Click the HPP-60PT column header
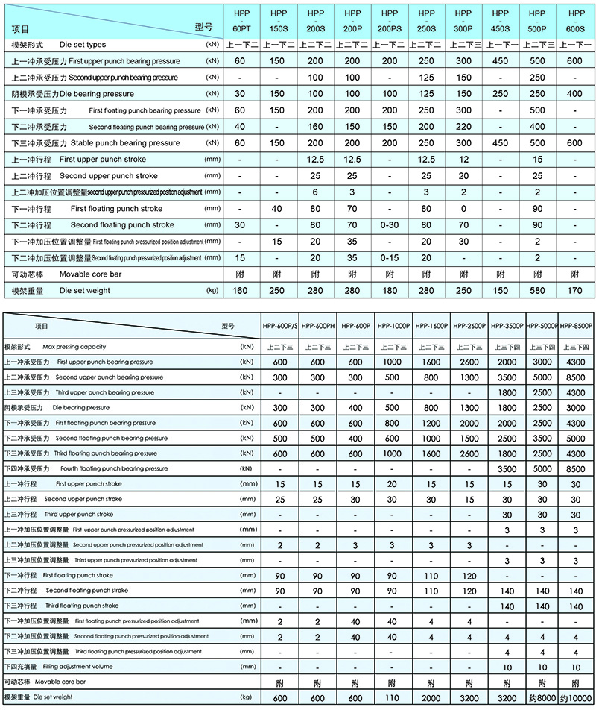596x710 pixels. pos(239,20)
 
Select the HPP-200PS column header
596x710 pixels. pos(390,20)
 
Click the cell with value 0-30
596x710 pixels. pos(390,225)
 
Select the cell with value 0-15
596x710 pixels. pos(390,258)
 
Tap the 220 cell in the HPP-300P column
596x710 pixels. pos(464,127)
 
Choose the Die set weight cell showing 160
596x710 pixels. pos(239,290)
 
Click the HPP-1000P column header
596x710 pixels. pos(392,326)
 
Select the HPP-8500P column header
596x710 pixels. pos(577,326)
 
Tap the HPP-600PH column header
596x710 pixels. pos(317,326)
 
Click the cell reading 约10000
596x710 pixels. pos(577,698)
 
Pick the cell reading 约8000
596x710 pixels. pos(542,698)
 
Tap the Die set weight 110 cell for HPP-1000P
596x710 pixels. pos(392,698)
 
